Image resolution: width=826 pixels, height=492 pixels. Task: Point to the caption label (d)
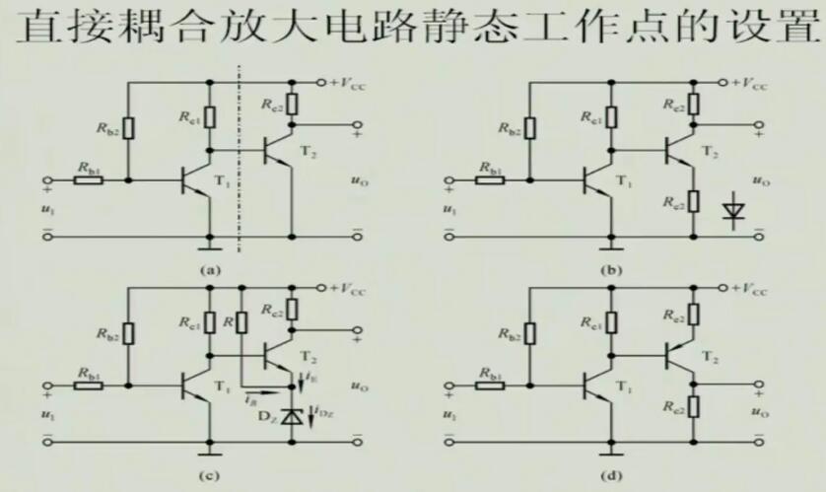605,477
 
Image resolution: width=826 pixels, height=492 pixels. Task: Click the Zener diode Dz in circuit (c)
291,416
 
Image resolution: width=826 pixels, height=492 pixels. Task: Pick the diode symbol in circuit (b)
731,208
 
